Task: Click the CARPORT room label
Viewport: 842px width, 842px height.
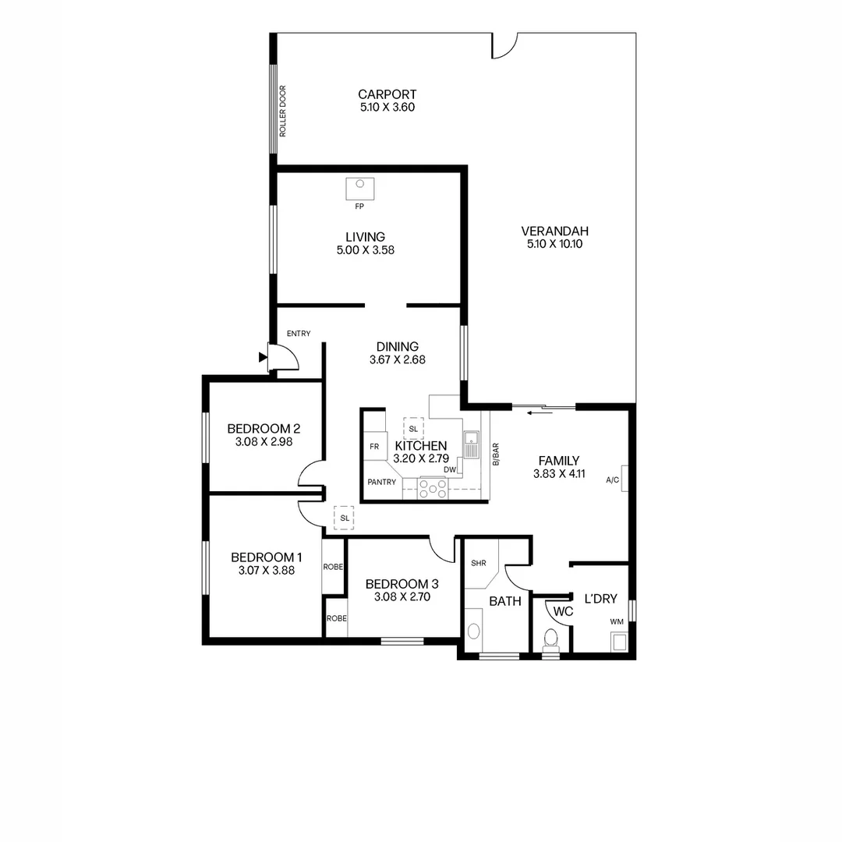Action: click(387, 94)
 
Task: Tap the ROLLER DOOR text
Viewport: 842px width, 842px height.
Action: click(283, 111)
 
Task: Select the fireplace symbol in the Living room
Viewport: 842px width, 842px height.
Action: click(360, 188)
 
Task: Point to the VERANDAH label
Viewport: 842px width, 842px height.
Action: click(554, 231)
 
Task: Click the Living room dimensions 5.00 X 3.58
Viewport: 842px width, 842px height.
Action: click(365, 250)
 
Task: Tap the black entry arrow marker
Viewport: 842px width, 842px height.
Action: click(264, 357)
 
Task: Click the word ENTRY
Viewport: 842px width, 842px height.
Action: click(299, 334)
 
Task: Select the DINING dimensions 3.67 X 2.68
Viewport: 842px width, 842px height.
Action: click(397, 360)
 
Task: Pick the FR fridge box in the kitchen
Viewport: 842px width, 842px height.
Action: click(374, 447)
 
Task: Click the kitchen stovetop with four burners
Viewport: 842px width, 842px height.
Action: click(433, 488)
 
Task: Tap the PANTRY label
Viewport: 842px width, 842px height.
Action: click(382, 482)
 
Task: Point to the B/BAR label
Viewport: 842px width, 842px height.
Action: click(495, 455)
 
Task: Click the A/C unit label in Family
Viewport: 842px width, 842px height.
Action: click(612, 480)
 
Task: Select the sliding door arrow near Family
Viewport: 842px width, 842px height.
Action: click(536, 412)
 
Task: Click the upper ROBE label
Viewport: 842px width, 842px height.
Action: click(334, 567)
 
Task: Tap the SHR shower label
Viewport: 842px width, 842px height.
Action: click(478, 562)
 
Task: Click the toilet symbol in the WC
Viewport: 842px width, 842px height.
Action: click(551, 638)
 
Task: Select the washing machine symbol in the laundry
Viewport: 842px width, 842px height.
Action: click(619, 641)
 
